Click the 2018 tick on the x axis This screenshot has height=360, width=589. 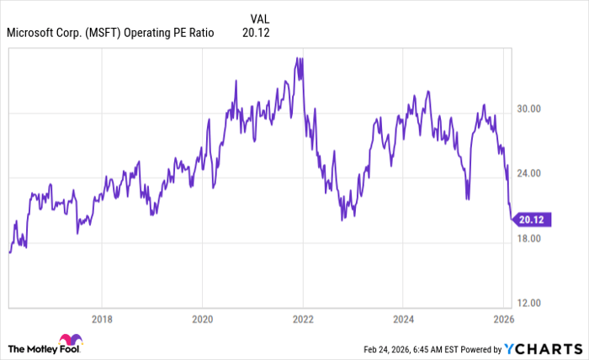101,320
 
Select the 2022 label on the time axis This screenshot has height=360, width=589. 303,320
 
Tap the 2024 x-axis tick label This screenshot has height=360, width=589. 403,320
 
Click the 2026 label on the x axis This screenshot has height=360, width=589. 502,320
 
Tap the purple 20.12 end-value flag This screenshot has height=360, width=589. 533,220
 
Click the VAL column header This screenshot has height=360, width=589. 261,18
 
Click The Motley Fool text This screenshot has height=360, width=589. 33,348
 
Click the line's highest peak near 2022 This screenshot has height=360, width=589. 299,58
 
